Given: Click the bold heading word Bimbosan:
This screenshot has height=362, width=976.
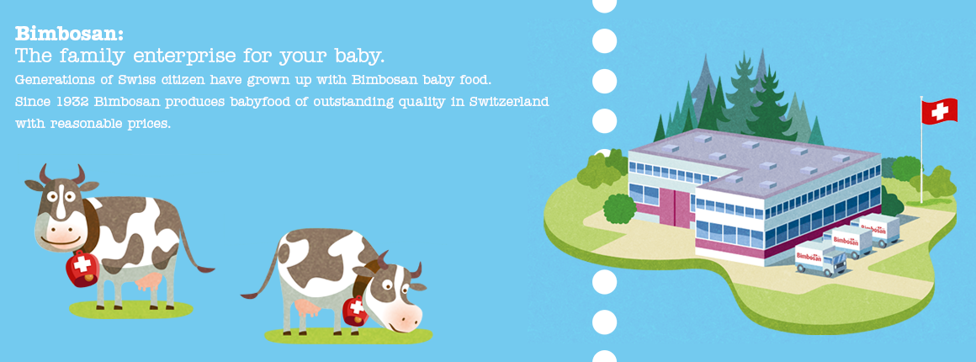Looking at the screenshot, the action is [x=69, y=33].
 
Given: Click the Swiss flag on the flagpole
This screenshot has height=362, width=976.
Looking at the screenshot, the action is [x=939, y=111].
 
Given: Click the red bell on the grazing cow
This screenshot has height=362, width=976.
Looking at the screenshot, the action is [x=355, y=311].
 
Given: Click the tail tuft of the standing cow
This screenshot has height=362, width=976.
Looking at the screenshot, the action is [x=204, y=269].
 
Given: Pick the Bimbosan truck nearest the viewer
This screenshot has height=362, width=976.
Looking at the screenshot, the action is [x=821, y=258].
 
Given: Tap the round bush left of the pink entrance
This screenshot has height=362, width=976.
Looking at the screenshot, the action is [x=619, y=208].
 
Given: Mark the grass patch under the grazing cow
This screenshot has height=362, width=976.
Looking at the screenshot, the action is [x=348, y=335].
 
